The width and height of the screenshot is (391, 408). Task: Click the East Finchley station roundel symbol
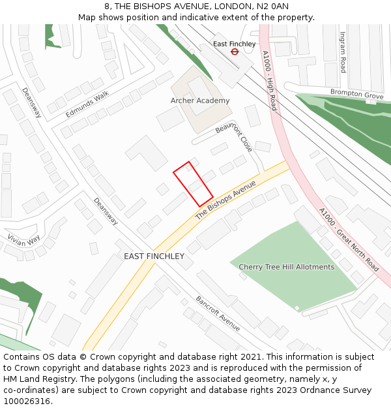click(235, 51)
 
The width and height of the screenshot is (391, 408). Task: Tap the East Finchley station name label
click(235, 44)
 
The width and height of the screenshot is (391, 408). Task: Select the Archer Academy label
click(200, 101)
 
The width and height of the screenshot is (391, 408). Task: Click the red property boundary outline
click(193, 184)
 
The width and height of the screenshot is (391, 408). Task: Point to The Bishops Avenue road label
click(225, 200)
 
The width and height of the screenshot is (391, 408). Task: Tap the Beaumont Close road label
click(234, 137)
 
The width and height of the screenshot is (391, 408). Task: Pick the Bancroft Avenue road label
click(218, 313)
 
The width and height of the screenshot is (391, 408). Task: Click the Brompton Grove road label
click(356, 95)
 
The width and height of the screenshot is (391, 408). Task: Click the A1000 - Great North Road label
click(349, 240)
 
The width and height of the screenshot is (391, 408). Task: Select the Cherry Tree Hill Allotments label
click(286, 267)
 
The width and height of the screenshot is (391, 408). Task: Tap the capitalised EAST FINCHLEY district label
click(154, 257)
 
